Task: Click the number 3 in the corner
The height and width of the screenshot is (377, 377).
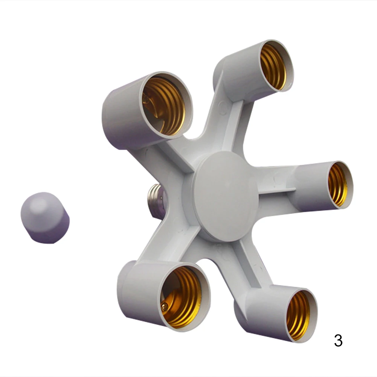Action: coord(338,340)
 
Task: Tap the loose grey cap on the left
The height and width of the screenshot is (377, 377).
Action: coord(45,218)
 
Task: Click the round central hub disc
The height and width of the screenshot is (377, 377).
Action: coord(226,196)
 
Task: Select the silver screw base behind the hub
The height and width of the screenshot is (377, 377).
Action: coord(157,201)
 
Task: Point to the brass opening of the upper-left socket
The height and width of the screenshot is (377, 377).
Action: coord(164,106)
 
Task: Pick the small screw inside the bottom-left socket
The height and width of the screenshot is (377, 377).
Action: coord(165,306)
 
